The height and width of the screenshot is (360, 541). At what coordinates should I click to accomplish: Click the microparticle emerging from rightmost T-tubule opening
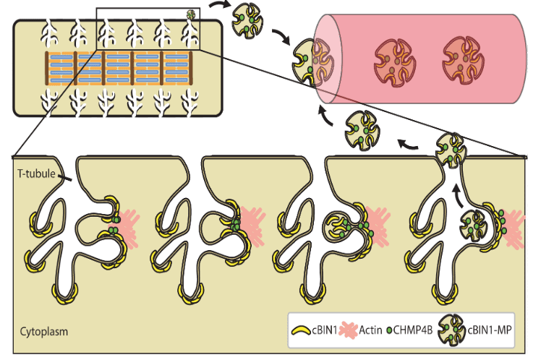click(x=452, y=148)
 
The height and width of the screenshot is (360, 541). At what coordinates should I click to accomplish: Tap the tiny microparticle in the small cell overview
click(x=192, y=14)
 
